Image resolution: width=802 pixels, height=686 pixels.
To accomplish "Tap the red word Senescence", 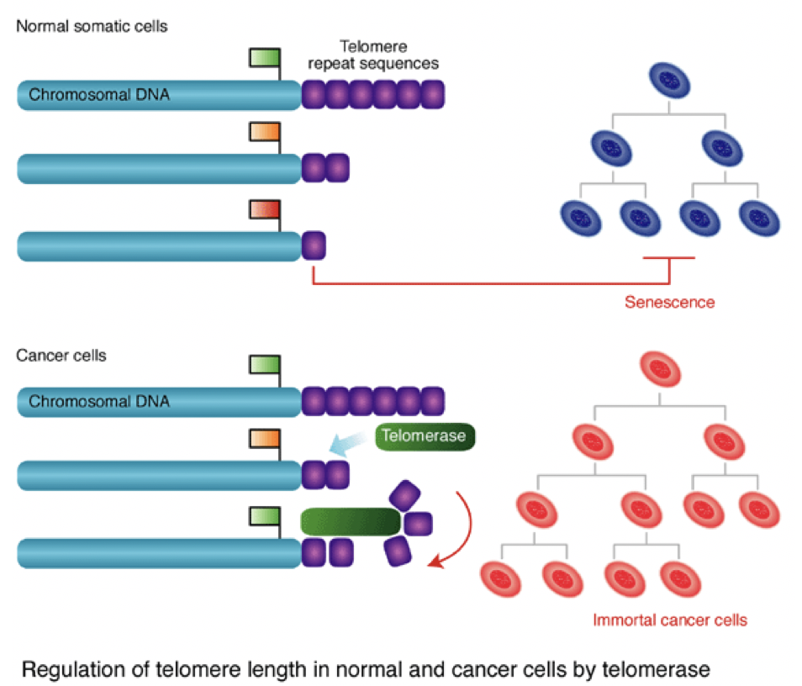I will [x=669, y=301].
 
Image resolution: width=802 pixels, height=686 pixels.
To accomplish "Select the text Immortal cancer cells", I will [x=670, y=621].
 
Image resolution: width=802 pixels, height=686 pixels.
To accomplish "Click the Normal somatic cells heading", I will [x=92, y=26].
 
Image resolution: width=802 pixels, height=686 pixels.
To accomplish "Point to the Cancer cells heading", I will [x=61, y=355].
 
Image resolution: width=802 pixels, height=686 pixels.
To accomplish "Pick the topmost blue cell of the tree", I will [x=669, y=81].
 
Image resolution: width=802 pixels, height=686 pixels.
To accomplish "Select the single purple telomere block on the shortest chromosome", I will [x=314, y=245].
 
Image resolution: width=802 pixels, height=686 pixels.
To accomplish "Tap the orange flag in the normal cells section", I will [x=264, y=133].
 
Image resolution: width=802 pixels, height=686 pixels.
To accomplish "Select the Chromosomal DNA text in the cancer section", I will [x=99, y=402].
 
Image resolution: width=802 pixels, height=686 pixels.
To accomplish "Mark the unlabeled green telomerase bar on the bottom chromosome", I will [x=350, y=521].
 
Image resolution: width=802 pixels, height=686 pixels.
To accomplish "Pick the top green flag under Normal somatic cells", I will [x=264, y=57].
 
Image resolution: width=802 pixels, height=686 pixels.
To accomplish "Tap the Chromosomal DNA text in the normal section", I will [x=99, y=95].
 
